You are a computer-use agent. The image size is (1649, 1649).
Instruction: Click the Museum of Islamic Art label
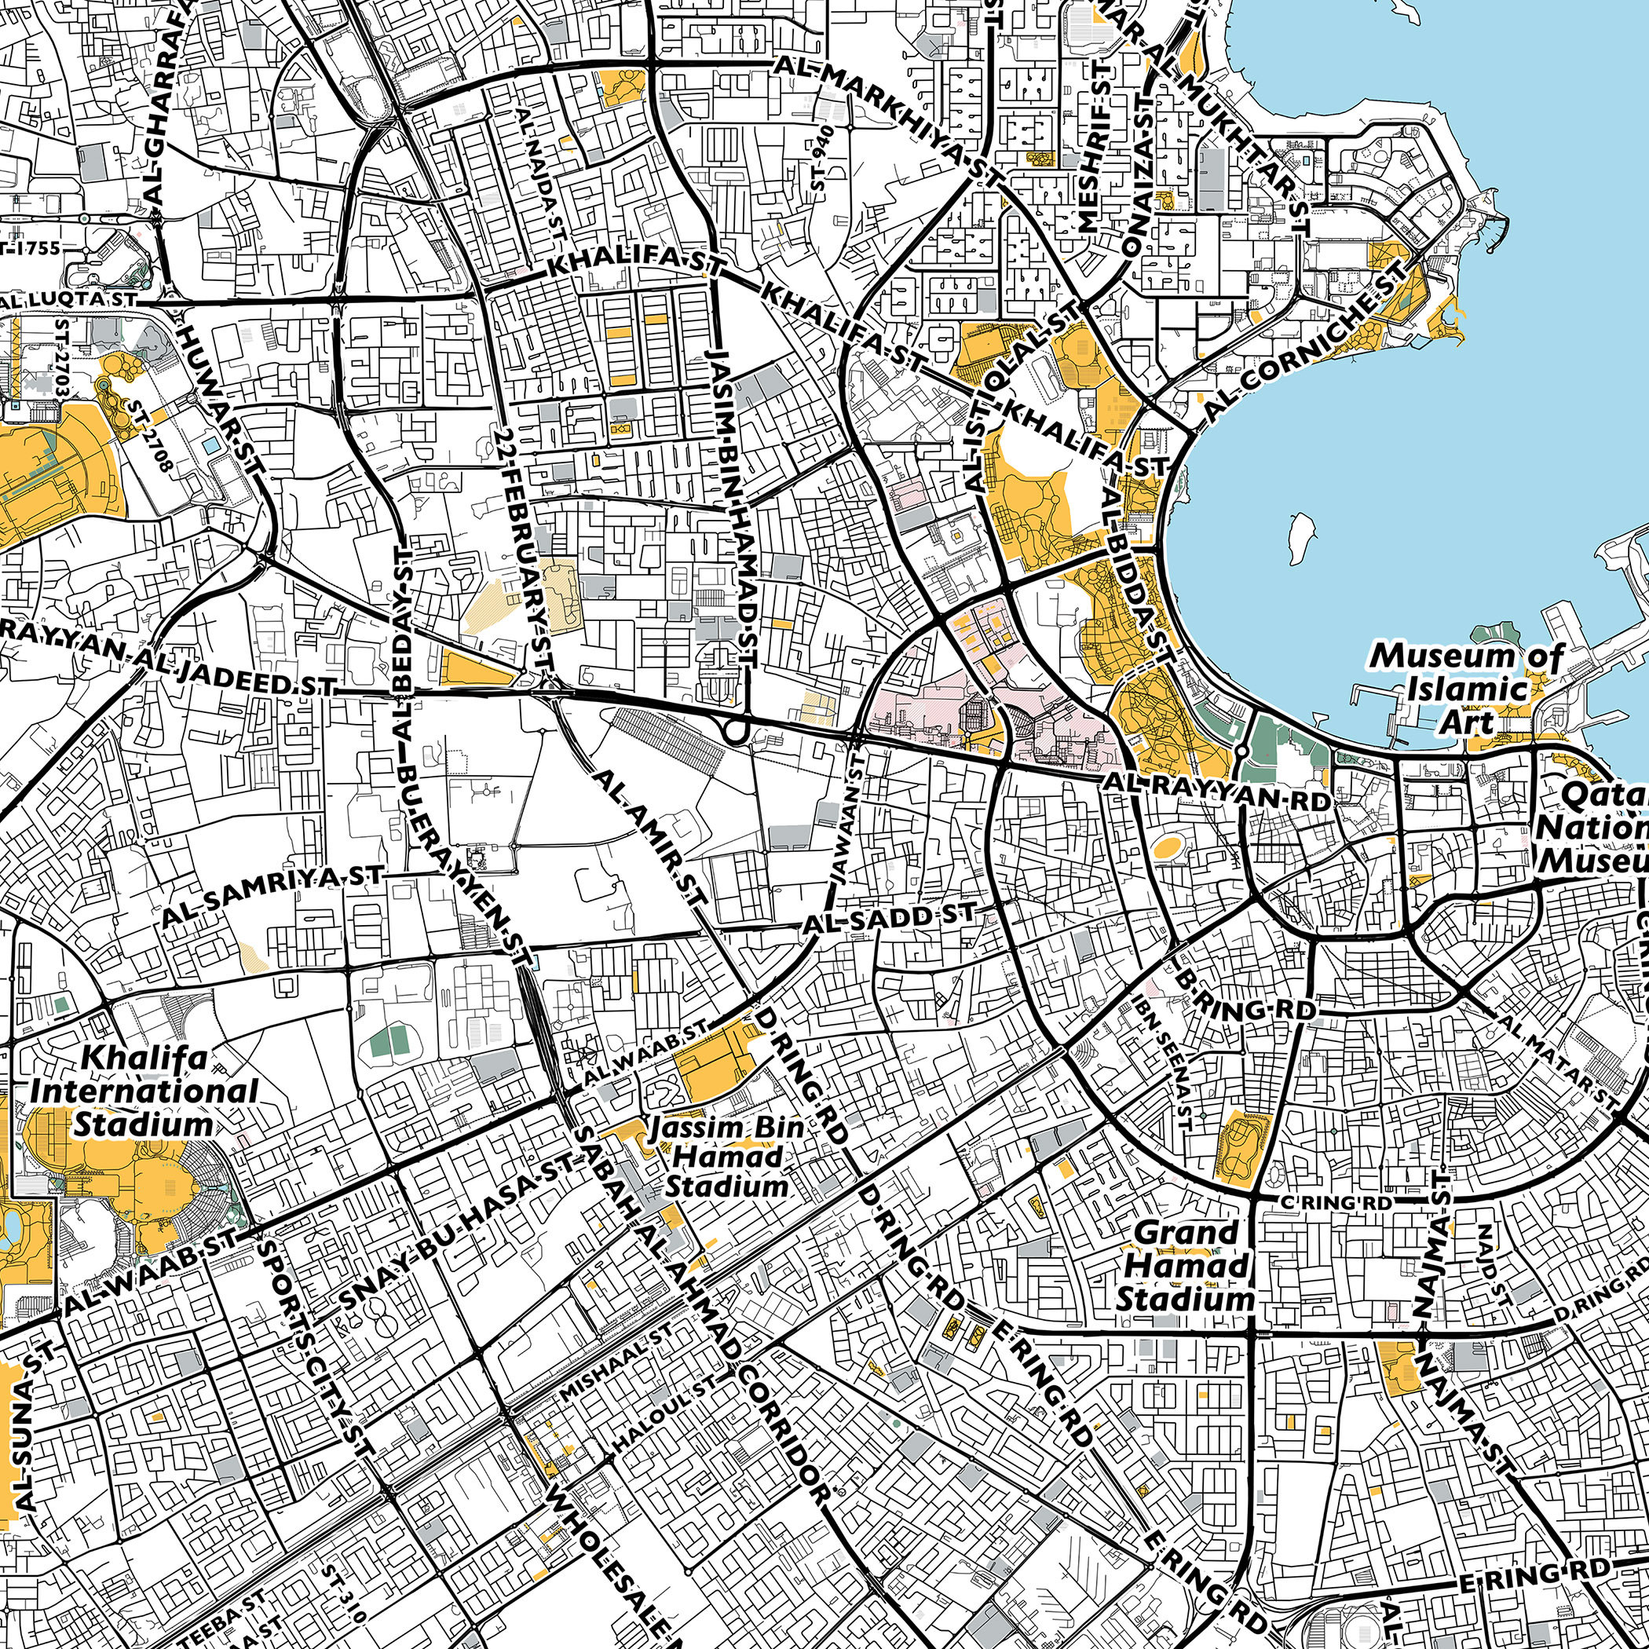click(1466, 689)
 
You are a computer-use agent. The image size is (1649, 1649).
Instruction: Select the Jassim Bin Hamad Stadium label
click(726, 1157)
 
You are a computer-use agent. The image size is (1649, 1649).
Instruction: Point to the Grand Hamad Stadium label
click(1186, 1266)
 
